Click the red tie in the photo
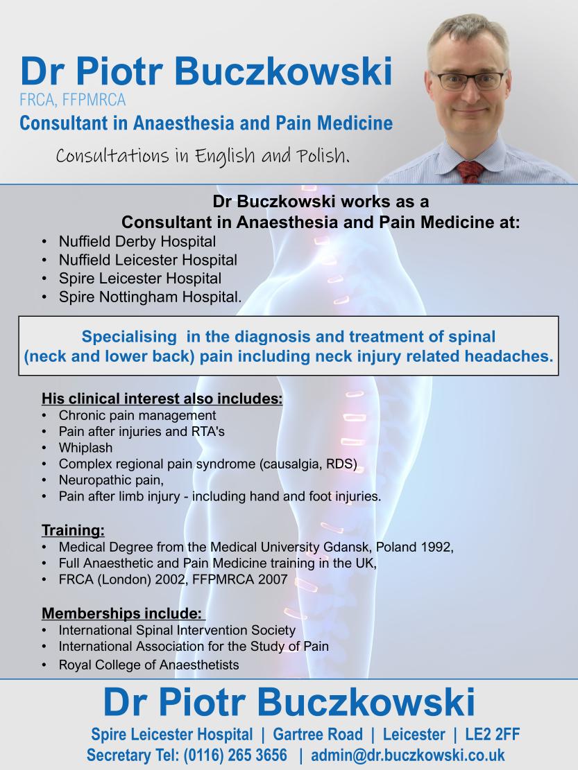470,170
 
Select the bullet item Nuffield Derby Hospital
137,243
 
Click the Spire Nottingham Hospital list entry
150,297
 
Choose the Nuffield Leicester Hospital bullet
148,261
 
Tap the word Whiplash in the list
85,448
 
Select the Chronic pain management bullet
137,415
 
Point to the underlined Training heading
74,531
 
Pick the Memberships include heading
123,613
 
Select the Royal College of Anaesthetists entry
148,665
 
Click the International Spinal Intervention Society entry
177,630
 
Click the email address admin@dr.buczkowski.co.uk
407,755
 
